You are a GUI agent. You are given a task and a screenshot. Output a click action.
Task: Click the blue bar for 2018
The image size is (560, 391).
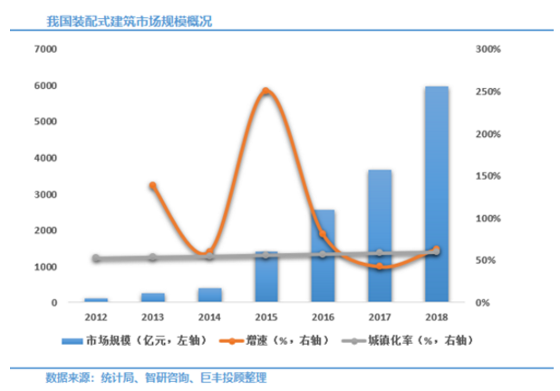click(436, 194)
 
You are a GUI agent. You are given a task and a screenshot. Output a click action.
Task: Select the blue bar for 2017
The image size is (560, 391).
click(380, 236)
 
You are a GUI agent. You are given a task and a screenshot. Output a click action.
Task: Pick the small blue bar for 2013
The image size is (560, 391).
click(152, 297)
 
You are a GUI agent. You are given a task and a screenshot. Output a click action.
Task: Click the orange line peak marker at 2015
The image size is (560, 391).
click(266, 92)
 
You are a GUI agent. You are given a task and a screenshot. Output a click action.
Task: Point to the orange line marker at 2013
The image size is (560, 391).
click(152, 186)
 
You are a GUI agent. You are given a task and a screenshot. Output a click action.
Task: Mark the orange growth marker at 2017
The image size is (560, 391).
click(380, 267)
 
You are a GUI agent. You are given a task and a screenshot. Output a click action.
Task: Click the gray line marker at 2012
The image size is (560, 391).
click(96, 259)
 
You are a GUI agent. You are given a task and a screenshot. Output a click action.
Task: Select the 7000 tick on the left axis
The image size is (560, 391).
click(43, 49)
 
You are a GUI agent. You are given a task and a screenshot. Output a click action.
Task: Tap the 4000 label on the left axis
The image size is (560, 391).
click(43, 158)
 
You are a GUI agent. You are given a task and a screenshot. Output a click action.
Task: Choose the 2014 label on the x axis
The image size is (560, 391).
click(208, 318)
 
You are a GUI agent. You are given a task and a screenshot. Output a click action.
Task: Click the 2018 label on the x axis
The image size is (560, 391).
click(436, 318)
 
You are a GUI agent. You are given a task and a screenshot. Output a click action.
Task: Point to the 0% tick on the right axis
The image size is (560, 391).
click(483, 303)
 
